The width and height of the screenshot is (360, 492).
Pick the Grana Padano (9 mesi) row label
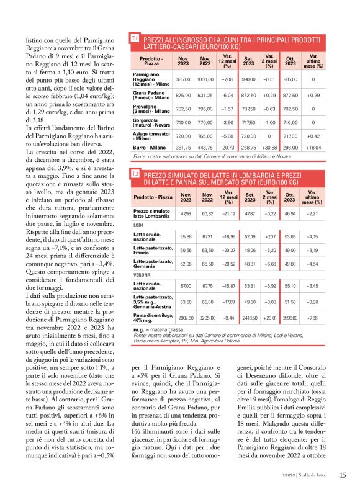(x=151, y=95)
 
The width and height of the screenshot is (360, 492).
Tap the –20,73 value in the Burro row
(x=227, y=148)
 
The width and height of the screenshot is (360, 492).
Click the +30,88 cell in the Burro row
(x=269, y=148)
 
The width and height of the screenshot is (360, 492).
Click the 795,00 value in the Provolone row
(x=204, y=110)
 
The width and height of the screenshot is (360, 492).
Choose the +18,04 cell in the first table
(x=313, y=148)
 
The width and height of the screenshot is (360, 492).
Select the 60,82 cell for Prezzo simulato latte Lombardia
(x=204, y=214)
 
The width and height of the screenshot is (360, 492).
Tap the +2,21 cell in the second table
(x=313, y=214)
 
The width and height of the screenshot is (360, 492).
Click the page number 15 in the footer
(x=343, y=475)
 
